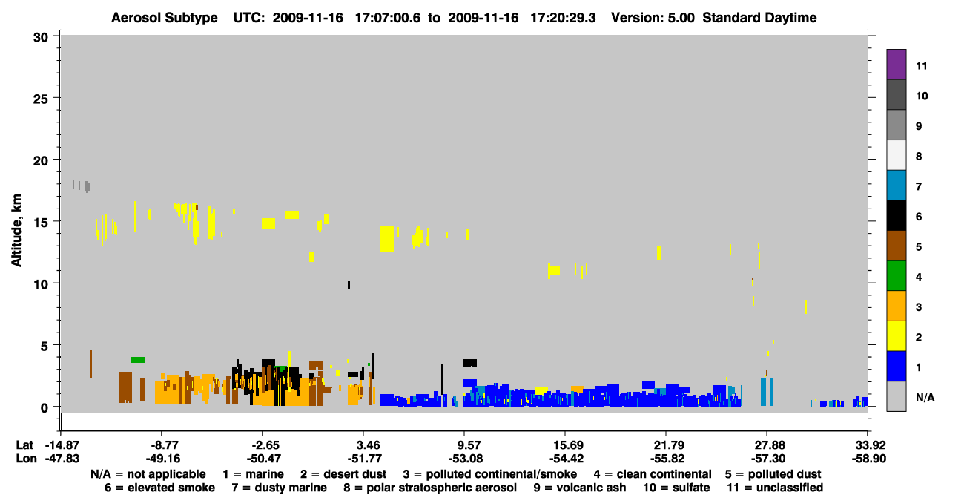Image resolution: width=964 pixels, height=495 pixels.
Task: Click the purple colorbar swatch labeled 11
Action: tap(896, 65)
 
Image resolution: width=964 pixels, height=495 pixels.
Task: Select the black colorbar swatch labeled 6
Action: tap(896, 215)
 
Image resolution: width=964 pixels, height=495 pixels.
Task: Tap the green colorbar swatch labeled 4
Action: tap(896, 276)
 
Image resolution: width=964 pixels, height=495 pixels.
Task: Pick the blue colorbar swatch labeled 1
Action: tap(896, 366)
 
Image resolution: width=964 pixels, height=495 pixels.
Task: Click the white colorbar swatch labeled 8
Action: tap(896, 155)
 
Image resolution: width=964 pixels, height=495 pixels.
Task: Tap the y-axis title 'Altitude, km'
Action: tap(16, 231)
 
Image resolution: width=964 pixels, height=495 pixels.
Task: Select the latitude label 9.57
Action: tap(466, 445)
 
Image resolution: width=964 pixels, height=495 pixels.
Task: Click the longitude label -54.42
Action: tap(567, 459)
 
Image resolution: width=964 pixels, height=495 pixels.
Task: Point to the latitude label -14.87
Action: tap(62, 445)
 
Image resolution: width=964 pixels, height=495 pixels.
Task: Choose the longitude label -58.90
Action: tap(869, 459)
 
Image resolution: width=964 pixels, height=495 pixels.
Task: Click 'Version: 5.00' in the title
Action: tap(653, 18)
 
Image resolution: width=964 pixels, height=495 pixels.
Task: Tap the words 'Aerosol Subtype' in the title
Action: tap(165, 18)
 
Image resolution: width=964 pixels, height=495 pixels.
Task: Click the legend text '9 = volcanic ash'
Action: tap(580, 488)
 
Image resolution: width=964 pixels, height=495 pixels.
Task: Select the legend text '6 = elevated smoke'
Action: tap(159, 488)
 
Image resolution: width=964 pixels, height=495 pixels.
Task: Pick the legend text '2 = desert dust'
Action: tap(343, 474)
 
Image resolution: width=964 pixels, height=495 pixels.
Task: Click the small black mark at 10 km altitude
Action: tap(349, 285)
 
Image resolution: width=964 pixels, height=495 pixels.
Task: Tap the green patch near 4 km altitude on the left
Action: tap(138, 360)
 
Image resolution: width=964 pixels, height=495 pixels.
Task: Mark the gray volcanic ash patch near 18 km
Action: tap(88, 186)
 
